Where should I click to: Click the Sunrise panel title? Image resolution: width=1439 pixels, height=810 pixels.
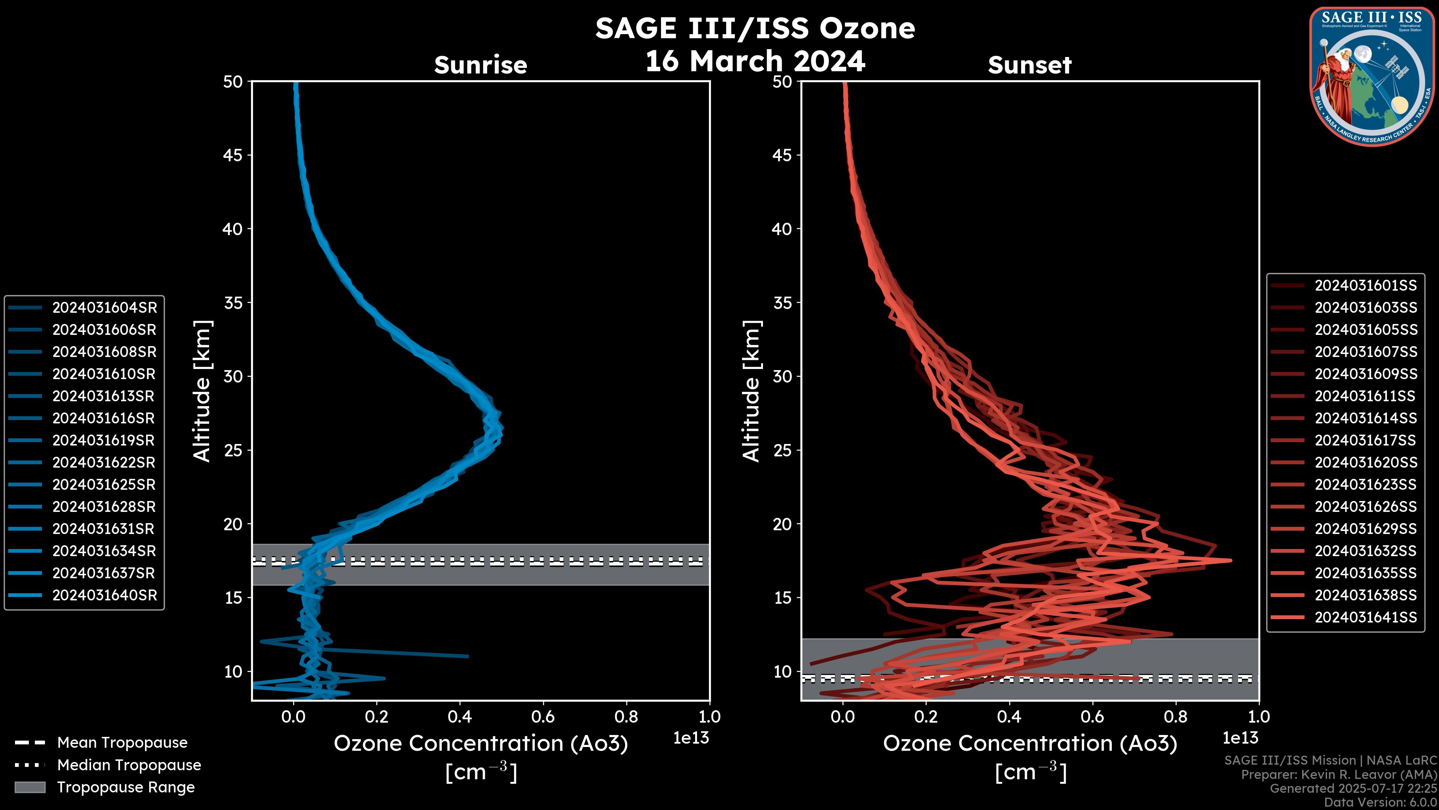(x=480, y=65)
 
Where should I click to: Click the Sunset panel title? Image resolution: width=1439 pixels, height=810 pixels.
(x=1029, y=65)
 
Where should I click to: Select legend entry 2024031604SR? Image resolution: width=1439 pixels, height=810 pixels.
(x=105, y=307)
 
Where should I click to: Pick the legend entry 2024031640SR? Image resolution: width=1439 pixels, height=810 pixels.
(x=105, y=595)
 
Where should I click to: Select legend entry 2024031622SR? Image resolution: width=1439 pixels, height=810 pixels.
(x=105, y=462)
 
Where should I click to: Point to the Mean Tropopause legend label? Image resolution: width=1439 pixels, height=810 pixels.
(x=122, y=742)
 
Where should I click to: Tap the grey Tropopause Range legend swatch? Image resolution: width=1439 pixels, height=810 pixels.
(x=30, y=787)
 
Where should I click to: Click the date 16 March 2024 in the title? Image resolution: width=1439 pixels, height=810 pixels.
(x=755, y=61)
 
